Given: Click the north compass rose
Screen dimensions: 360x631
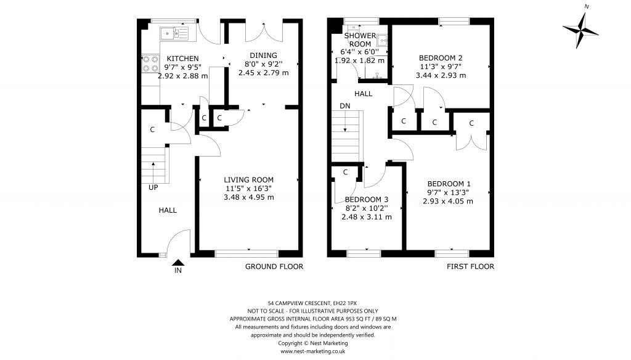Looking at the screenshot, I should point(580,28).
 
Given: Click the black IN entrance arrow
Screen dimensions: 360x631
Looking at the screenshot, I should point(178,263).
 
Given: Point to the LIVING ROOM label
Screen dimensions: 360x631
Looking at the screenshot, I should point(249,180).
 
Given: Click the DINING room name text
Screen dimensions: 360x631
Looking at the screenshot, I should point(263,55).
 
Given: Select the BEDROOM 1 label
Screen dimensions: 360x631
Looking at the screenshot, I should point(449,184).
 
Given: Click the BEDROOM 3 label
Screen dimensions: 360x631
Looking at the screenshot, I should point(366,200).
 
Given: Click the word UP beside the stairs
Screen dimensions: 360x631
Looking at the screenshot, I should point(153,187).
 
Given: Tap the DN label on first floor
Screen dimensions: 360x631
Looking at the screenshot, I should point(344,106).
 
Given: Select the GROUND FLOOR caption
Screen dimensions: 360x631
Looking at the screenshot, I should point(274,267).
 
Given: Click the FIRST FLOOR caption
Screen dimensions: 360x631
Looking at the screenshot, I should point(470,267).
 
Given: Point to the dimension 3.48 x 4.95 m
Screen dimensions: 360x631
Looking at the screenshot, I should point(248,197).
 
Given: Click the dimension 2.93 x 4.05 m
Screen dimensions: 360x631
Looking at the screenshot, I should point(449,201).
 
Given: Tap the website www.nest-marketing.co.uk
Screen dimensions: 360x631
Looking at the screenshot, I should point(312,351).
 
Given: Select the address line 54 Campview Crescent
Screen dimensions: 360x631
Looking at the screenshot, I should point(312,303).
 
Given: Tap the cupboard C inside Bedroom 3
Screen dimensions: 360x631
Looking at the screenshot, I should point(346,173).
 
